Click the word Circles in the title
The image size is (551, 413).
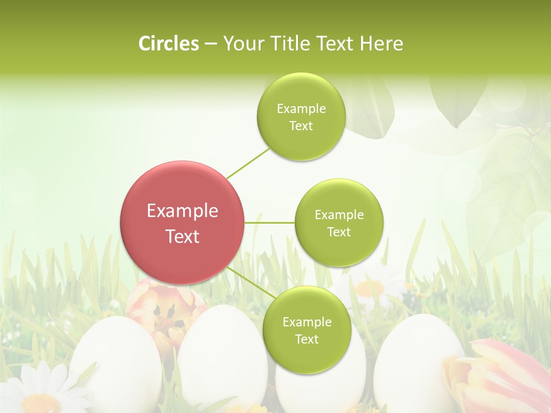(x=168, y=44)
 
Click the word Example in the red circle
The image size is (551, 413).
(x=183, y=211)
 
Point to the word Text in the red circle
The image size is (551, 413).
(x=183, y=236)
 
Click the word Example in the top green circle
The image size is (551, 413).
(x=301, y=109)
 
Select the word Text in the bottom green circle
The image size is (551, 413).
(x=306, y=340)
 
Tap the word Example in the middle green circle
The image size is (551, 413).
(x=339, y=215)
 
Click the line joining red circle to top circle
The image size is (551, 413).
(x=248, y=163)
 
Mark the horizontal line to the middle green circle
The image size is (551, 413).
(x=270, y=223)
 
